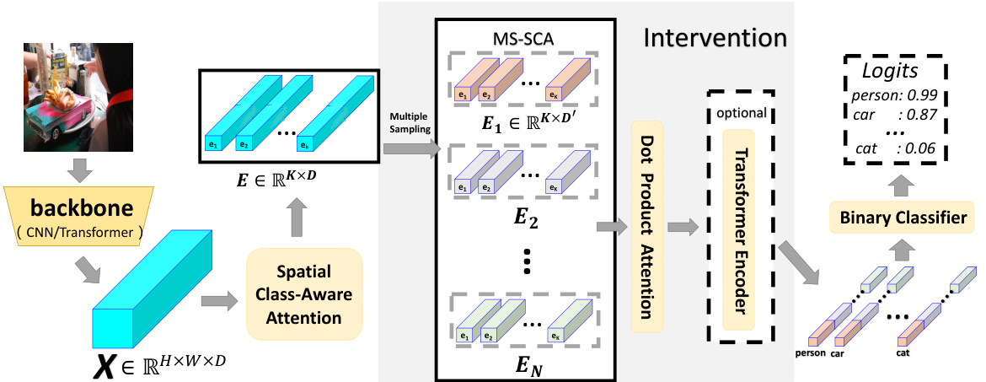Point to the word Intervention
[x=715, y=39]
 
